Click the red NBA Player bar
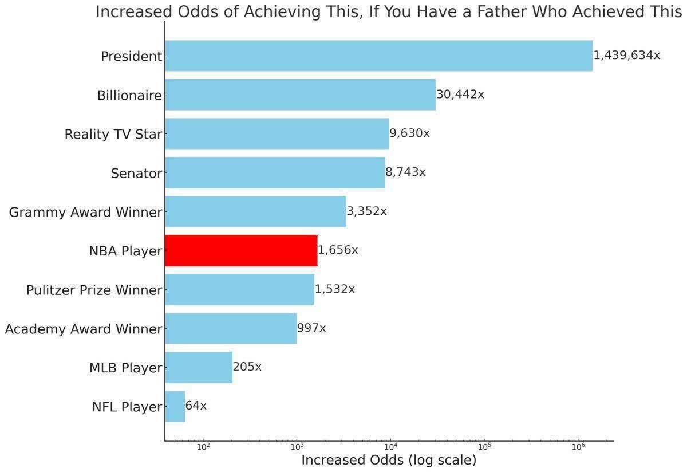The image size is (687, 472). tap(240, 250)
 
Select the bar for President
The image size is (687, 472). tap(378, 56)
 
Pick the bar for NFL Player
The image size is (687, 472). tap(175, 407)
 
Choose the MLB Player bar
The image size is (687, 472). tap(198, 367)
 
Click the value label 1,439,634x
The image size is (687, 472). tap(626, 56)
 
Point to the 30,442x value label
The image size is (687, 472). tap(460, 95)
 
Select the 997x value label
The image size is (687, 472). tap(311, 328)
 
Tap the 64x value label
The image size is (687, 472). tap(196, 406)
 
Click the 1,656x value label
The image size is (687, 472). tap(338, 250)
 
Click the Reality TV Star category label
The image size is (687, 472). tap(113, 135)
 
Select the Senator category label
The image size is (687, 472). tap(136, 174)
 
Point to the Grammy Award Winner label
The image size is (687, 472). tap(85, 213)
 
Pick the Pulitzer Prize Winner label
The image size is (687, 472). tap(94, 290)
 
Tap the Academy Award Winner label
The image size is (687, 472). tap(83, 329)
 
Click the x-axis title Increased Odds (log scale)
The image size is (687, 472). tap(388, 460)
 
